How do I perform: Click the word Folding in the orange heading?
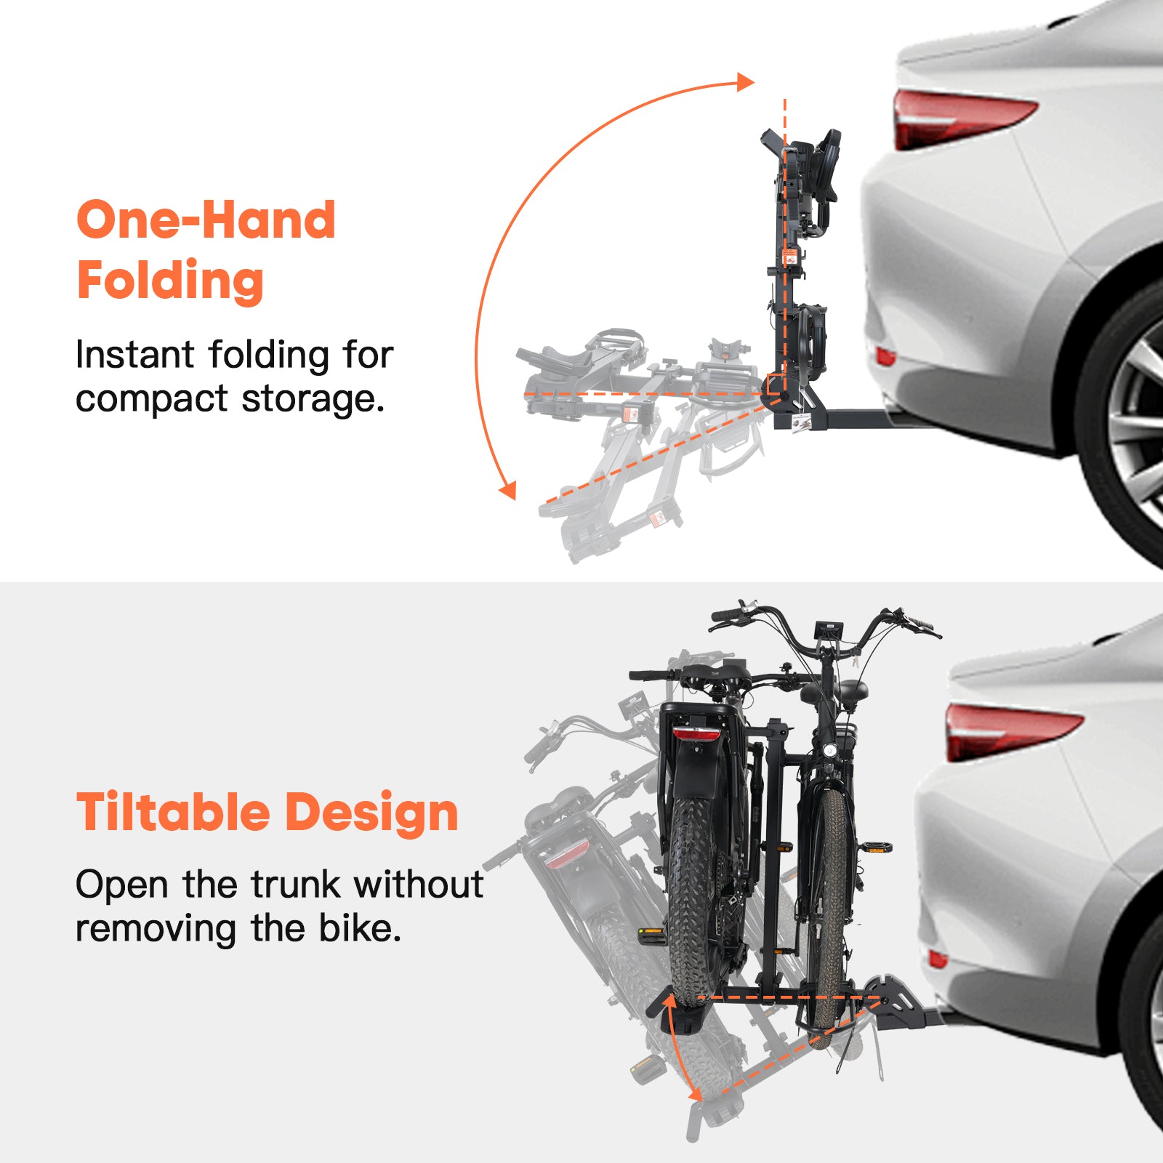pyautogui.click(x=170, y=281)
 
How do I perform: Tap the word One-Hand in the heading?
pyautogui.click(x=206, y=220)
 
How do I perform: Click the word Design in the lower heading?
pyautogui.click(x=371, y=813)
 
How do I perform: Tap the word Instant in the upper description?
pyautogui.click(x=135, y=355)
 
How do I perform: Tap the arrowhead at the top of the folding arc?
pyautogui.click(x=745, y=81)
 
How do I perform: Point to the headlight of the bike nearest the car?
pyautogui.click(x=828, y=749)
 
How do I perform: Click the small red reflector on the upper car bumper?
pyautogui.click(x=885, y=356)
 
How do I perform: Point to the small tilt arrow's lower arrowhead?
pyautogui.click(x=695, y=1093)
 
